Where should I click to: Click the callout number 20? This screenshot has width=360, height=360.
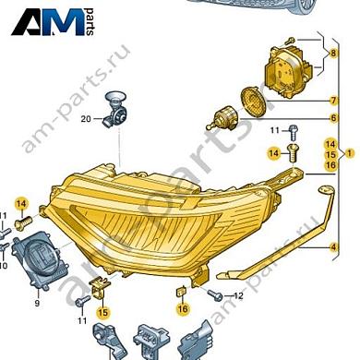click(85, 119)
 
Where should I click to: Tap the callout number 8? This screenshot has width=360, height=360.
click(333, 54)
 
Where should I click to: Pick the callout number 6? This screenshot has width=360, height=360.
click(333, 118)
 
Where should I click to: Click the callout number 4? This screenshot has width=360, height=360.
click(333, 247)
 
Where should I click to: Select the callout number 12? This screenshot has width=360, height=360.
click(237, 295)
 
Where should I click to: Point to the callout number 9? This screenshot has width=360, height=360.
click(38, 303)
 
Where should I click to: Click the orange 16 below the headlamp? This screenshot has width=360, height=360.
click(182, 308)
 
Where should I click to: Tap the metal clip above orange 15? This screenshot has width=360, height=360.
click(101, 289)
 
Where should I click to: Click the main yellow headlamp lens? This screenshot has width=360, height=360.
click(166, 217)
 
